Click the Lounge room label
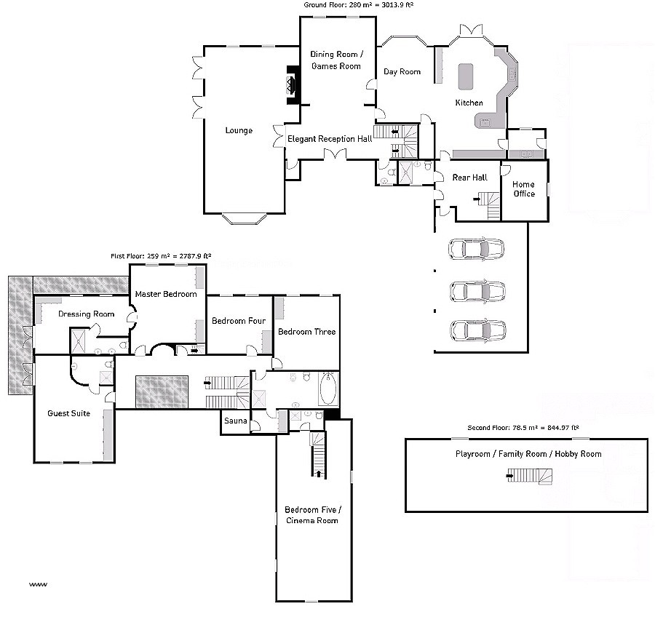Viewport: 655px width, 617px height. click(x=239, y=130)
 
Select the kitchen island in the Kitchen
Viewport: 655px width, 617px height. click(x=465, y=74)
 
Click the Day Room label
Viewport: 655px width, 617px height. click(x=402, y=71)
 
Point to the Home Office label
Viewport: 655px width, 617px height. click(x=524, y=189)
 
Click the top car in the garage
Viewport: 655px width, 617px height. click(x=477, y=249)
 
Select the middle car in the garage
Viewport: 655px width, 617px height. click(x=477, y=291)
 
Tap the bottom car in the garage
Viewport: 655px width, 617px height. click(x=477, y=330)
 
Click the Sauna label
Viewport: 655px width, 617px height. click(x=236, y=421)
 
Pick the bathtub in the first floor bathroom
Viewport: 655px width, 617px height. click(x=328, y=389)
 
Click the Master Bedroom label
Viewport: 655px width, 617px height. click(x=166, y=294)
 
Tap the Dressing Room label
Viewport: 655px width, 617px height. click(x=87, y=314)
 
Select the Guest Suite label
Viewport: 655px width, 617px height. click(x=69, y=413)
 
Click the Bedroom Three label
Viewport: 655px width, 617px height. click(x=306, y=332)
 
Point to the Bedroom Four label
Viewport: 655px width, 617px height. click(x=238, y=321)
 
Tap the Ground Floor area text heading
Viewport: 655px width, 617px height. click(x=359, y=4)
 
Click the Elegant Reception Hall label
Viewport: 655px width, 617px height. click(x=330, y=138)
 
